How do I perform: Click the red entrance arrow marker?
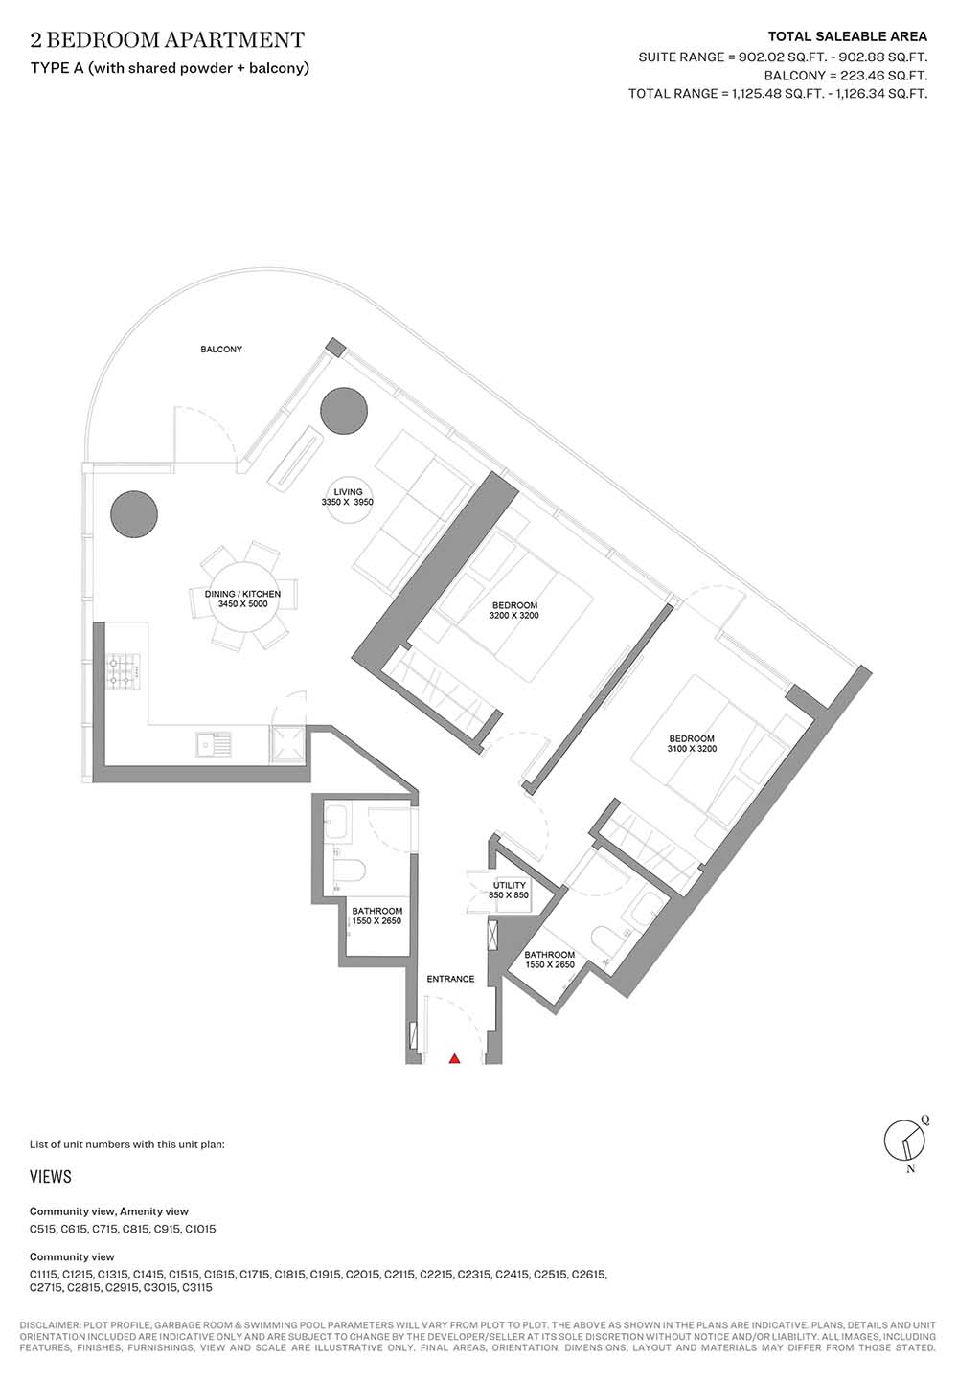[x=454, y=1059]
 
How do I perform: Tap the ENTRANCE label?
[x=450, y=979]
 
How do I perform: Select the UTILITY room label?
[x=510, y=885]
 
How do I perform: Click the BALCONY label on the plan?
[x=221, y=350]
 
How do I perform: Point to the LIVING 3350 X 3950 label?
[x=348, y=497]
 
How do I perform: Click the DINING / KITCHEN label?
[x=243, y=594]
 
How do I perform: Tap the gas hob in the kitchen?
[x=124, y=671]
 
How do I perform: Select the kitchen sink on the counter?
[x=214, y=744]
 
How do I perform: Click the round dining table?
[x=243, y=596]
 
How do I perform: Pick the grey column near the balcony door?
[x=134, y=514]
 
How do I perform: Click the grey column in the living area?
[x=344, y=411]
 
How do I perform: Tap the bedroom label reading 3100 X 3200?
[x=692, y=743]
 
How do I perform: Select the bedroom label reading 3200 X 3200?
[x=514, y=610]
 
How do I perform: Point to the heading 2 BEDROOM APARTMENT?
[x=168, y=40]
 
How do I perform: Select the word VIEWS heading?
[x=51, y=1177]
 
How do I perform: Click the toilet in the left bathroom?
[x=349, y=871]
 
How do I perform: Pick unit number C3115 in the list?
[x=197, y=1288]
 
